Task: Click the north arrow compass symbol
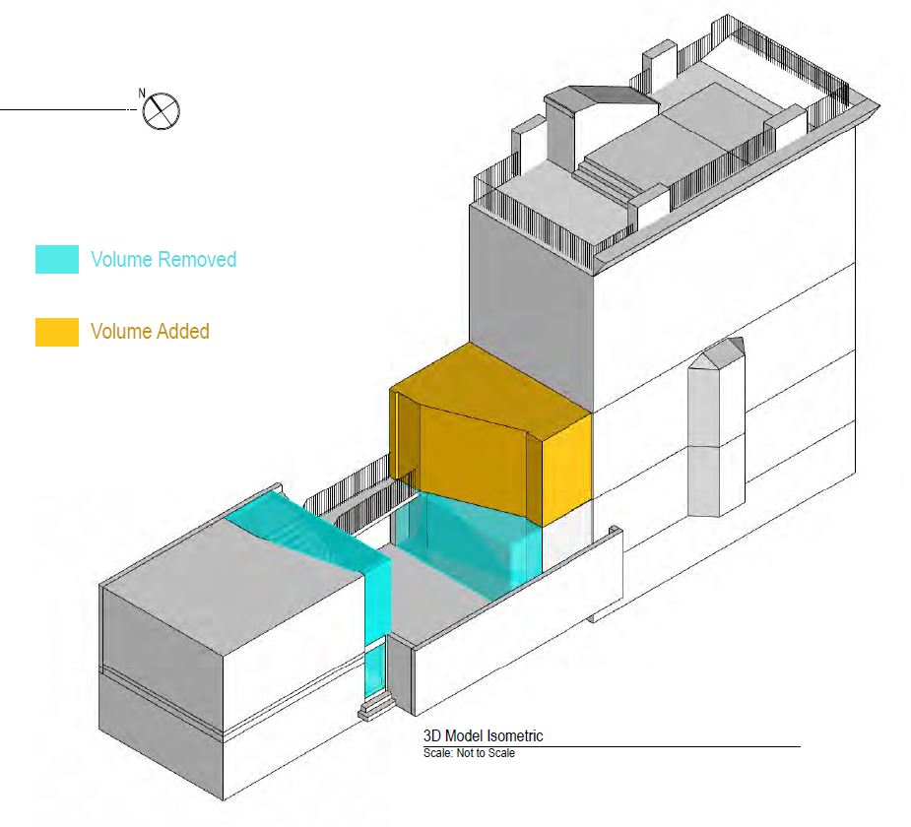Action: point(163,111)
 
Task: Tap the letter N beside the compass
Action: point(142,93)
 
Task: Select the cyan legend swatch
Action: point(57,260)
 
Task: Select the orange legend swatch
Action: point(57,332)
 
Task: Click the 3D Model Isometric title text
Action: point(483,736)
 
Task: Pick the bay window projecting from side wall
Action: point(717,433)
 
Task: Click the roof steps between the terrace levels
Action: point(603,179)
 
